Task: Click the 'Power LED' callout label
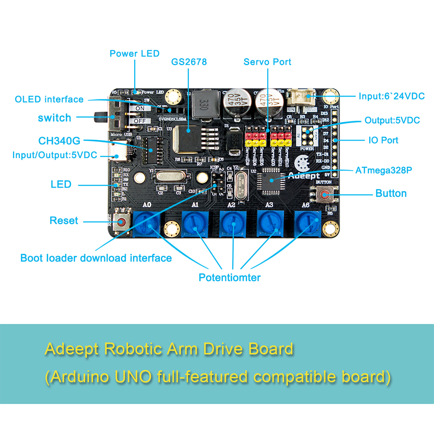click(134, 54)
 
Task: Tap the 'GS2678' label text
click(189, 62)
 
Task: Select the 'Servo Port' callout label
click(267, 62)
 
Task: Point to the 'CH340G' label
click(59, 141)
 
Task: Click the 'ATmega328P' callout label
click(383, 170)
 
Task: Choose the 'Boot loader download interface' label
click(96, 258)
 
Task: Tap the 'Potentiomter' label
click(229, 277)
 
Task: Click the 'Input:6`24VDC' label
click(391, 96)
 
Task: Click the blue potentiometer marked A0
click(147, 223)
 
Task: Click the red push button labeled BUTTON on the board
click(325, 194)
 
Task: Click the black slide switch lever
click(101, 117)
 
